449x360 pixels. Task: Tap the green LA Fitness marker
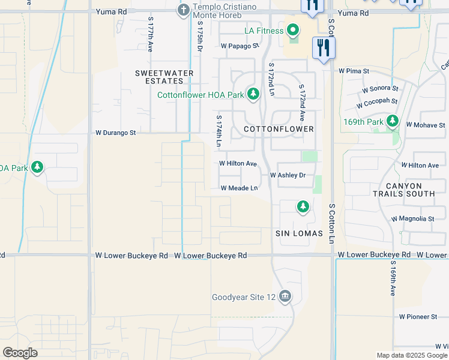[293, 29]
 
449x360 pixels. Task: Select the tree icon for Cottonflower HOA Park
[253, 94]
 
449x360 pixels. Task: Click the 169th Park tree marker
[393, 122]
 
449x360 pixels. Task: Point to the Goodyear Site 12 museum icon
[285, 296]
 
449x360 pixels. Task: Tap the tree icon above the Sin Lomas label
[303, 207]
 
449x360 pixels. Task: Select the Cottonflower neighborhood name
[279, 129]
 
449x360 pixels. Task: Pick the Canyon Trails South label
[403, 190]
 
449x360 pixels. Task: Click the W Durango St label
[116, 133]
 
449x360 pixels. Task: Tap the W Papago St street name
[240, 46]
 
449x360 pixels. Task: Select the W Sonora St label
[380, 89]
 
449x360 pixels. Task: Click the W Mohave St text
[426, 125]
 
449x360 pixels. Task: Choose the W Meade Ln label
[239, 188]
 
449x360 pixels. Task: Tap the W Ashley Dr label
[288, 175]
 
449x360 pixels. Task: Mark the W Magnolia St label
[412, 220]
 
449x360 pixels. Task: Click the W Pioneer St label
[418, 316]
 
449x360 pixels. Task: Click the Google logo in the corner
[20, 352]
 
